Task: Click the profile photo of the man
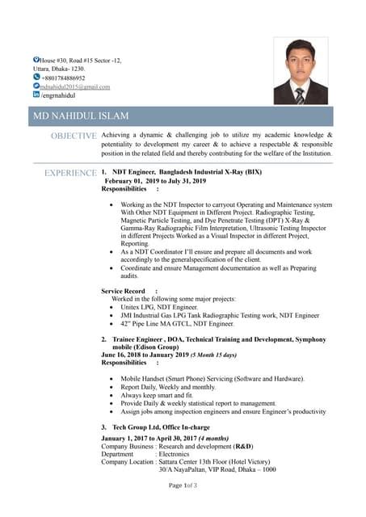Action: tap(301, 71)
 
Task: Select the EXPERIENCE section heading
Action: tap(70, 173)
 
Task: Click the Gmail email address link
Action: tap(75, 86)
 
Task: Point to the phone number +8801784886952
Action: tap(63, 78)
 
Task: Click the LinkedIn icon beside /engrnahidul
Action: tap(36, 95)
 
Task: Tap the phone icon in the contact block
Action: tap(36, 78)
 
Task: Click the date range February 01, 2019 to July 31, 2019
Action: tap(155, 181)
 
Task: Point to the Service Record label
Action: tap(123, 291)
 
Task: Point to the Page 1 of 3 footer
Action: tap(183, 485)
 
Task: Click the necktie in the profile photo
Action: tap(300, 96)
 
